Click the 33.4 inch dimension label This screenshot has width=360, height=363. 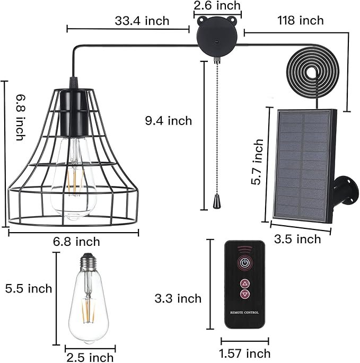(x=142, y=21)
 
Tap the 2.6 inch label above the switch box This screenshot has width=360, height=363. (x=217, y=5)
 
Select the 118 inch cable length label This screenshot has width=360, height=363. (x=301, y=20)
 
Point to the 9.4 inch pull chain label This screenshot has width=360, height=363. (x=169, y=121)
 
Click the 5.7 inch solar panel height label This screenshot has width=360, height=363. (x=257, y=162)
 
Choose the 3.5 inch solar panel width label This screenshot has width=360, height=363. (x=297, y=239)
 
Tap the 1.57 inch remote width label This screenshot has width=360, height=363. (x=244, y=353)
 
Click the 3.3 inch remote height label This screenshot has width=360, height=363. (x=178, y=298)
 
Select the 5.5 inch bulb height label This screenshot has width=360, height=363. (x=29, y=289)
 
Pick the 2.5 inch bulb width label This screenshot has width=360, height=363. (x=90, y=357)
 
